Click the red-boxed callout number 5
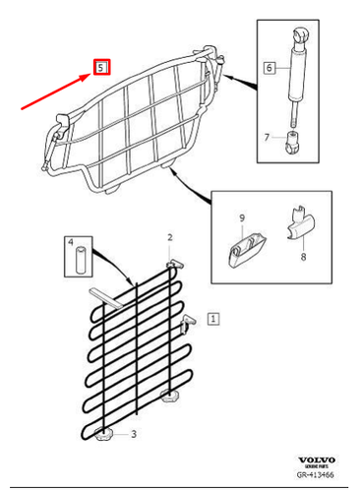[101, 68]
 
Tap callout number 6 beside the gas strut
[268, 68]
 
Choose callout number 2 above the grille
[169, 238]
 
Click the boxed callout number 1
[214, 319]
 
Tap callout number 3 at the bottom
[135, 432]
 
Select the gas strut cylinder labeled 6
[295, 74]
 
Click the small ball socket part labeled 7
[292, 145]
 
